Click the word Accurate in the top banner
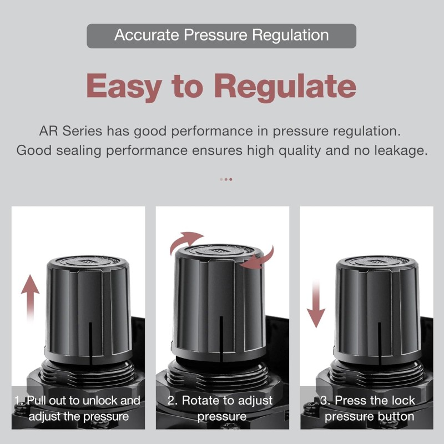tap(147, 35)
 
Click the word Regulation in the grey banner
tap(290, 36)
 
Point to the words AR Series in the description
tap(70, 131)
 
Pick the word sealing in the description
tap(78, 151)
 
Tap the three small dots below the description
tap(226, 179)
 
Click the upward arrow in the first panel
tap(31, 298)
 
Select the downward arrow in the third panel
tap(316, 304)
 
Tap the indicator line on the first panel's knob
tap(90, 344)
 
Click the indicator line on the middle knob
tap(221, 339)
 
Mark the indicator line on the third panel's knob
tap(380, 344)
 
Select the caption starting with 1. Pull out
tap(78, 408)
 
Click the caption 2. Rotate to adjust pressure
tap(220, 408)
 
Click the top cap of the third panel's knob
tap(377, 263)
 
